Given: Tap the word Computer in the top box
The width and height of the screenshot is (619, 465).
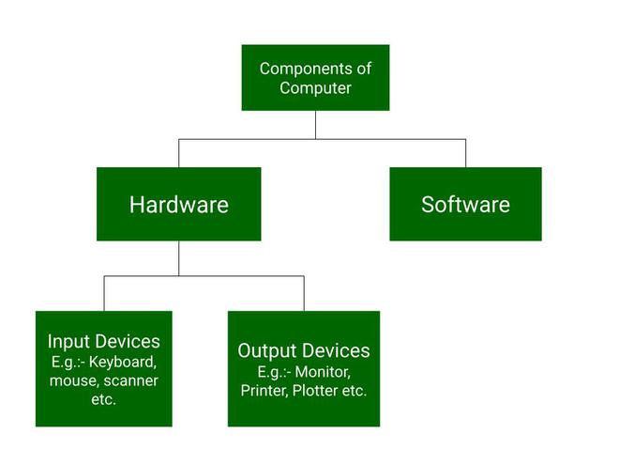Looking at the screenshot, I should click(x=315, y=88).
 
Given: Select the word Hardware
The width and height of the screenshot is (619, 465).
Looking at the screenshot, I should click(x=178, y=205).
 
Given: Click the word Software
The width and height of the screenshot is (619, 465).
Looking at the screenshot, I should click(x=465, y=205).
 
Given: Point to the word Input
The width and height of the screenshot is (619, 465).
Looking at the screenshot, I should click(x=68, y=342).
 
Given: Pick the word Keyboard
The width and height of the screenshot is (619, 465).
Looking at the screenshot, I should click(x=124, y=362).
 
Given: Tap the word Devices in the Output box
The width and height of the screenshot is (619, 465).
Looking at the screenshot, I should click(x=336, y=351).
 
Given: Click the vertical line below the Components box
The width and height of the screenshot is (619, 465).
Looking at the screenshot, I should click(x=315, y=124).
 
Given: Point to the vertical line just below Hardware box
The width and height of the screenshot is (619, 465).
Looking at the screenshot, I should click(x=178, y=257).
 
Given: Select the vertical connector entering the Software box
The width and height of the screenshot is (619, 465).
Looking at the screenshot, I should click(x=465, y=153).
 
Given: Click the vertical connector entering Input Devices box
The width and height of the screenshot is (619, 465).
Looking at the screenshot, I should click(x=104, y=293).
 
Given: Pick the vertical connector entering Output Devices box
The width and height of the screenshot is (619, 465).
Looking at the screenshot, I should click(x=304, y=293).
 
